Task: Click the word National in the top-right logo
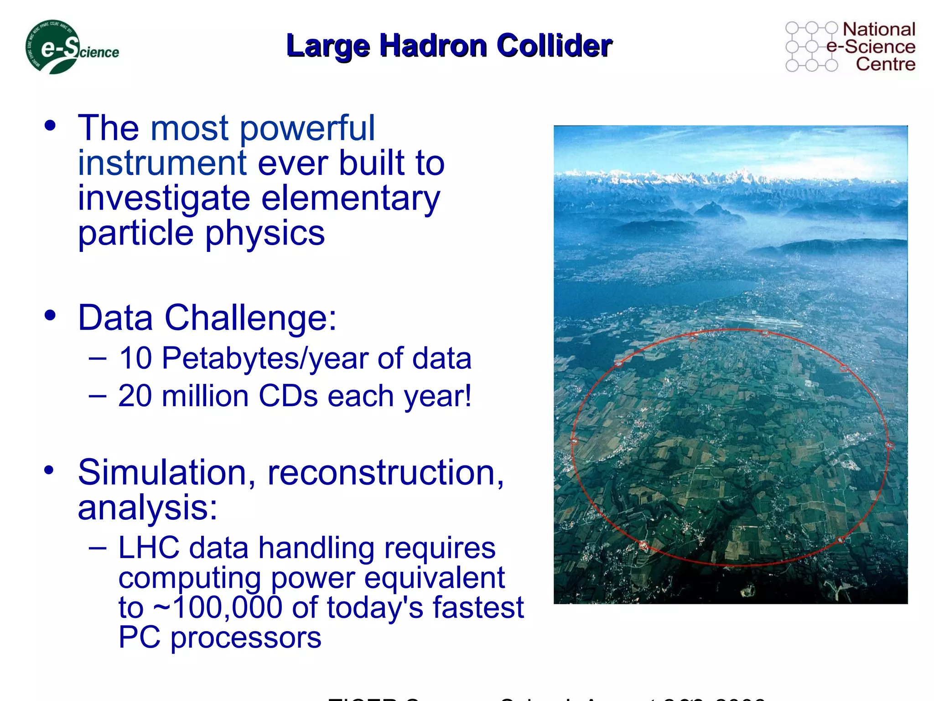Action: click(879, 29)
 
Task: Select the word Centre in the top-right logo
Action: click(885, 64)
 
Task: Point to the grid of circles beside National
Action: click(812, 47)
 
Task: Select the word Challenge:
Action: click(250, 318)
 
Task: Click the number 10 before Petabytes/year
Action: click(135, 358)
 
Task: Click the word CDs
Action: click(288, 396)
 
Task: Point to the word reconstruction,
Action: click(386, 473)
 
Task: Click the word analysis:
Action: click(147, 508)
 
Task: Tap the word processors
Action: click(246, 638)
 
